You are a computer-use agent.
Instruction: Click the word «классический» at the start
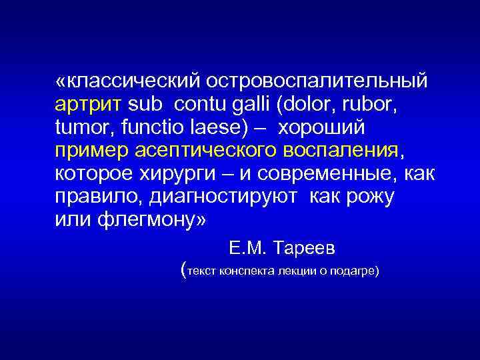pyautogui.click(x=127, y=82)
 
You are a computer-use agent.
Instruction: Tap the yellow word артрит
pyautogui.click(x=88, y=105)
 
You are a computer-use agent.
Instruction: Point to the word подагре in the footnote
pyautogui.click(x=352, y=271)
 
